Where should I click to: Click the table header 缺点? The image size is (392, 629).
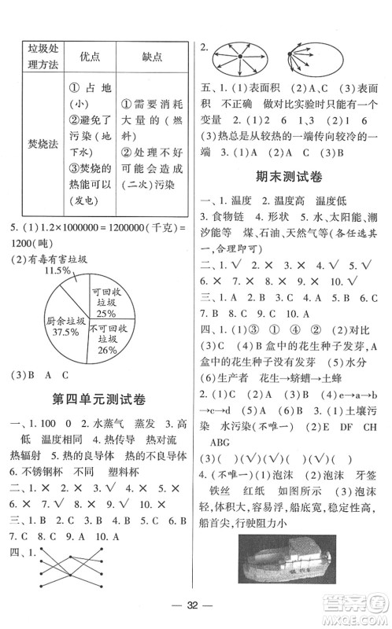tap(152, 57)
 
